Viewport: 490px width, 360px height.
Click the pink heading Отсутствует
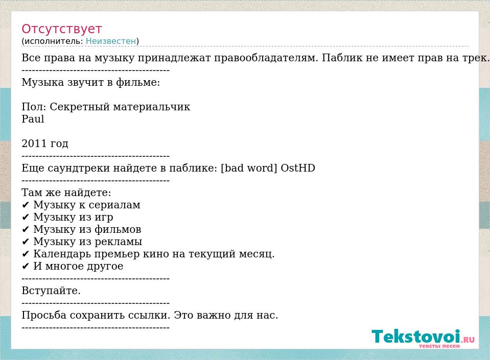click(61, 29)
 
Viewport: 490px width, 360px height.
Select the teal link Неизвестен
click(111, 41)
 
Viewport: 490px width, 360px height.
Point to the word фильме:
click(138, 82)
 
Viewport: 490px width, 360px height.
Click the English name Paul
click(33, 119)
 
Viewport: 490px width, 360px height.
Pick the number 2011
click(33, 143)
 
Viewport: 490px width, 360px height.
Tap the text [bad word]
click(249, 169)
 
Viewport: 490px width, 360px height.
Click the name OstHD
click(298, 168)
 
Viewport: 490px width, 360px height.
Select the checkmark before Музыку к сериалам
click(26, 205)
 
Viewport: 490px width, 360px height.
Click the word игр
click(104, 218)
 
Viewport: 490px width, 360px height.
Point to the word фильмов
click(118, 229)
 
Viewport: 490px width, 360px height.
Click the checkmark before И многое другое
click(26, 267)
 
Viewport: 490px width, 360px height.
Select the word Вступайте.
click(51, 291)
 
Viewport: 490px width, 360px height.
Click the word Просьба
click(44, 315)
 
